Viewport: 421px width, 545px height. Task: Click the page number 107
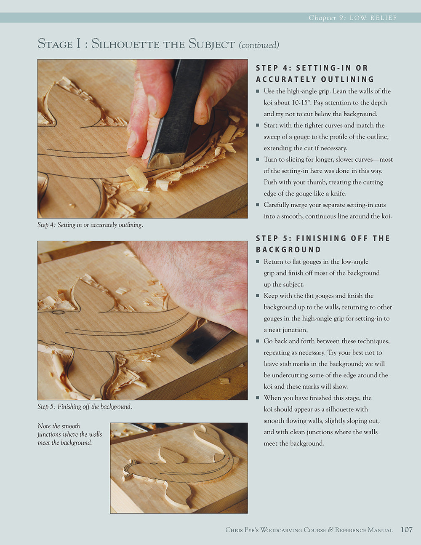(x=407, y=530)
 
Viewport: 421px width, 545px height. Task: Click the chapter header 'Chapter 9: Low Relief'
(x=352, y=18)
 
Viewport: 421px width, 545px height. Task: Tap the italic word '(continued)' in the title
(x=259, y=45)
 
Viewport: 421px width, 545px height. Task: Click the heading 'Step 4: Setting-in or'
(x=312, y=68)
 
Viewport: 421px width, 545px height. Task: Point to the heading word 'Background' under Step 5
(x=288, y=249)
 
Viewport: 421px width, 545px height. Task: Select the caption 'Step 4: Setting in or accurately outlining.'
(x=90, y=225)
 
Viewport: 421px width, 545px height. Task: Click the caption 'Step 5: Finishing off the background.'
(x=85, y=406)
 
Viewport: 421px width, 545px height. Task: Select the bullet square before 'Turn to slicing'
(x=258, y=160)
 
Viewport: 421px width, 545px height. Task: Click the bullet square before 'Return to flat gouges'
(x=258, y=262)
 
